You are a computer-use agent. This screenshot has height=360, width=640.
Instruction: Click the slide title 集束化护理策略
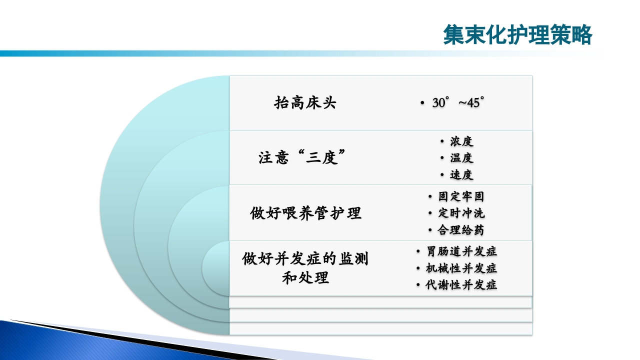(x=517, y=35)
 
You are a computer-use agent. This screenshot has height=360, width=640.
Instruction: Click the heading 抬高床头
(x=305, y=103)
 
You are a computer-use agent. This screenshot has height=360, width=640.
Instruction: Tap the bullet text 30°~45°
(x=458, y=103)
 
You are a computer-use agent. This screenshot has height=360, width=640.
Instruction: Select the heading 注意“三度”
(x=303, y=158)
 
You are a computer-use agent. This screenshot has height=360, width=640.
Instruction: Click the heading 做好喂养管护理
(x=305, y=213)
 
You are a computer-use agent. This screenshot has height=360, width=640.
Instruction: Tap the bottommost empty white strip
(x=380, y=328)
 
